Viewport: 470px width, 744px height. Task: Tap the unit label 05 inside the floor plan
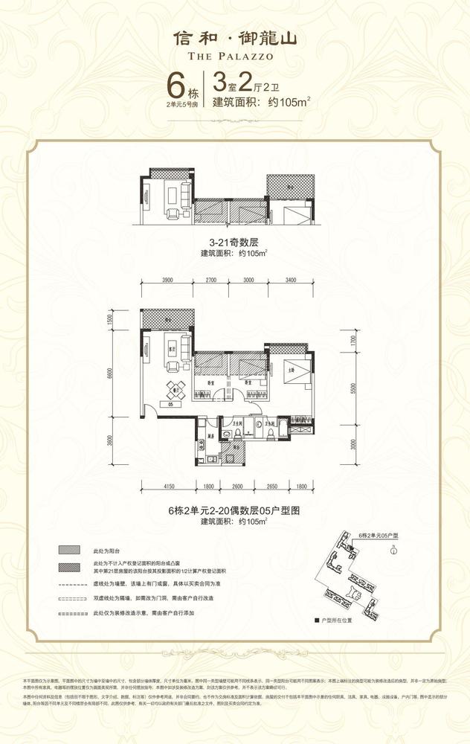[170, 405]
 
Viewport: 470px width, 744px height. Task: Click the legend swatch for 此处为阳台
[71, 550]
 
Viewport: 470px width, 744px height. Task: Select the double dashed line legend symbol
[71, 597]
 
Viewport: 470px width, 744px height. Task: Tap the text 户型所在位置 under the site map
[340, 619]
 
